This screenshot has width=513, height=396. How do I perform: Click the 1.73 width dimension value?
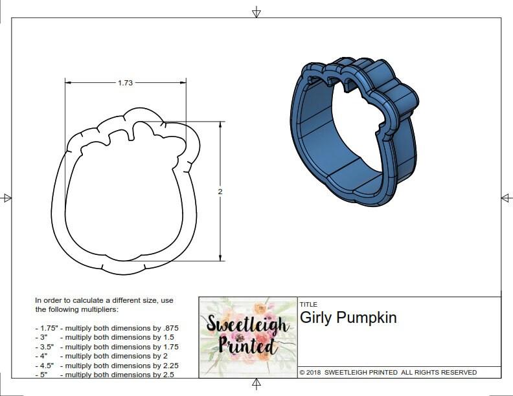point(126,83)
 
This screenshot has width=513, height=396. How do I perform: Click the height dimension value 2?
point(220,192)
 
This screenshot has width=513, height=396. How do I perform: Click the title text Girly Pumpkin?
point(348,318)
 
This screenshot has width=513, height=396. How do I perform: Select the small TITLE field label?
point(308,304)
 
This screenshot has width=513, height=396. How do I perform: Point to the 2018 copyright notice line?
point(388,372)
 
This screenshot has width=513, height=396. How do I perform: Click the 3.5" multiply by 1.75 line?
point(106,347)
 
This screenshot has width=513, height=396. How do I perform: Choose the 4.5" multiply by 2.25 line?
point(106,365)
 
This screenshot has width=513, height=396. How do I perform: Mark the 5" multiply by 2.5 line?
point(104,374)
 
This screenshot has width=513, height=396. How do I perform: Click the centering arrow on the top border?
point(256,12)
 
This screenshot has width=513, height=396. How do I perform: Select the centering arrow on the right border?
point(506,197)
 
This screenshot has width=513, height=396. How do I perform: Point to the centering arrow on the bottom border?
point(256,385)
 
